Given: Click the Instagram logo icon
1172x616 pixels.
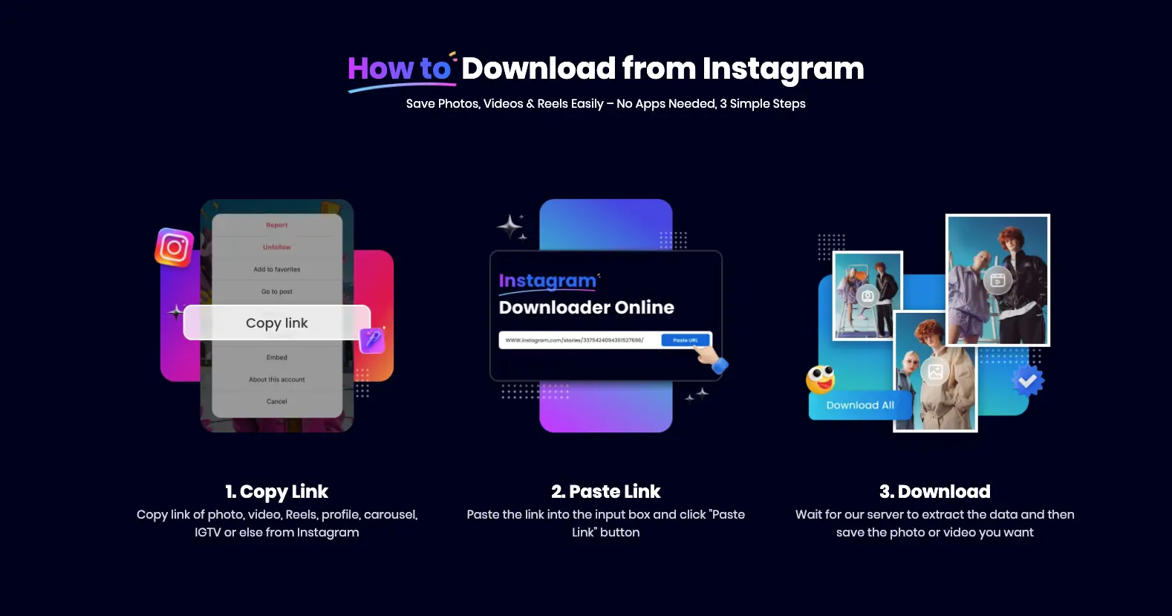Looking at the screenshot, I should [175, 247].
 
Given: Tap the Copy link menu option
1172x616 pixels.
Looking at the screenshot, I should [277, 323].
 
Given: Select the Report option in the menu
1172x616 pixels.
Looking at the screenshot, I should [277, 225].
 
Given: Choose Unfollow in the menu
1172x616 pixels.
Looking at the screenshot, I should [277, 247].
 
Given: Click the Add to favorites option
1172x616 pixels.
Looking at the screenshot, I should [277, 270].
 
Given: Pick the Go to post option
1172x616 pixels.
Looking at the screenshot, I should [277, 292].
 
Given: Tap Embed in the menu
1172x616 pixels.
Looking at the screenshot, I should [277, 357].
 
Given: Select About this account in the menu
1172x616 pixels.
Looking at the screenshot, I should [277, 380].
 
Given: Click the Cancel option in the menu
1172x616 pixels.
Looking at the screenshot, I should [277, 402].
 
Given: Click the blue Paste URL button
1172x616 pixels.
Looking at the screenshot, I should [685, 340].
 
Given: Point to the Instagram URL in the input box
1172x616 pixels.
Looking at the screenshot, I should [574, 340].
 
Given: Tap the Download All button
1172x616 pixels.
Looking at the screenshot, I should [859, 406].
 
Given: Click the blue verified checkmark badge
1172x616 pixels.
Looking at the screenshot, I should [1028, 381].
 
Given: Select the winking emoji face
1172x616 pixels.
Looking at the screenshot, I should [821, 380].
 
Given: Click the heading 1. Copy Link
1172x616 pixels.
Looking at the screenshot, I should [277, 492].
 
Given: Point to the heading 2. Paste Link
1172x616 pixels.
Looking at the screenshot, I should [605, 492].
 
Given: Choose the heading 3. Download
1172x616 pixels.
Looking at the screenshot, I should [934, 492].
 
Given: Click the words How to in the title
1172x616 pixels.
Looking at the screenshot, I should [400, 69].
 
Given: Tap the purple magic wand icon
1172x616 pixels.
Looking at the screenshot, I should [371, 340].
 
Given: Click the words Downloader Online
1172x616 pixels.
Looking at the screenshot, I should [586, 308].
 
